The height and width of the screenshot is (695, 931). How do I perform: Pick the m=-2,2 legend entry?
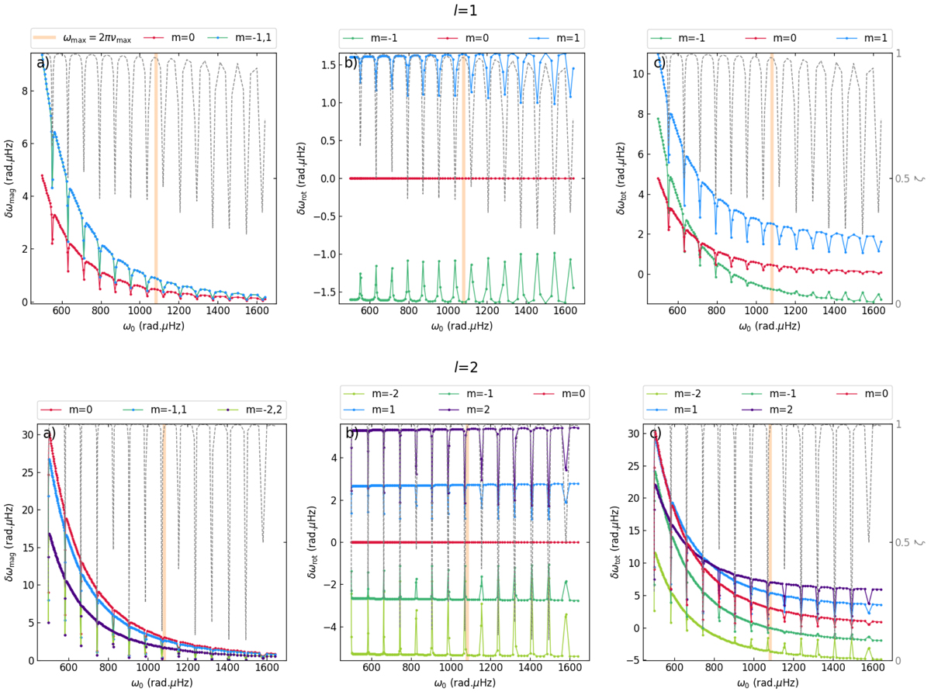241,404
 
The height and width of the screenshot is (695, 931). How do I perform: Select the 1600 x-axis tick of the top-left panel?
256,312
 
